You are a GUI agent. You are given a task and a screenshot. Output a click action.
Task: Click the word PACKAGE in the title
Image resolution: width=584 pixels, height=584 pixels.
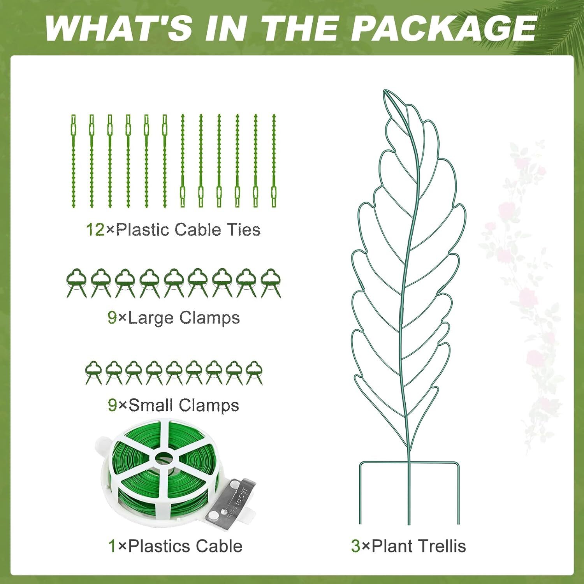[x=445, y=28]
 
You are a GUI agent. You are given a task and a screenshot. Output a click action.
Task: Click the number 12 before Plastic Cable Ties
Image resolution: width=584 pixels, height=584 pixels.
[x=95, y=230]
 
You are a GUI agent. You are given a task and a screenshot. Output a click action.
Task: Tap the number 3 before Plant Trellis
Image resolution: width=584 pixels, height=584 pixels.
[x=355, y=546]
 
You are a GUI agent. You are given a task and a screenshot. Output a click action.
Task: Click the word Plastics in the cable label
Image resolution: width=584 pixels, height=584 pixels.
[x=154, y=546]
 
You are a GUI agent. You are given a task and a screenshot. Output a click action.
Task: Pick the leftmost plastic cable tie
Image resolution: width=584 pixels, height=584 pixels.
[x=73, y=160]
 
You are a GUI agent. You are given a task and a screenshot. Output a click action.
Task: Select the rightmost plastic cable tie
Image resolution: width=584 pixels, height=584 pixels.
[x=274, y=160]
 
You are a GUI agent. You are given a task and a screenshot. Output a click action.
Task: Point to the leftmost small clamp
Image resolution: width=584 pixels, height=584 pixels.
[x=93, y=373]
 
